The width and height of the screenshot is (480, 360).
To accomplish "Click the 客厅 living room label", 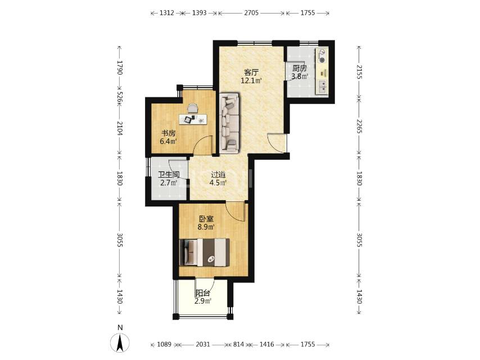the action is point(251,73).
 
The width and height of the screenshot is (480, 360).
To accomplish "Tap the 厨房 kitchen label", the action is point(300,68).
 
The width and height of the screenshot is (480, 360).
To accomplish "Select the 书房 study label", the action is point(169,133).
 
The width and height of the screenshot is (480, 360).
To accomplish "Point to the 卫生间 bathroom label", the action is point(169,175).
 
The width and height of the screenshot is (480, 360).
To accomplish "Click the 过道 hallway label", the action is point(218,175).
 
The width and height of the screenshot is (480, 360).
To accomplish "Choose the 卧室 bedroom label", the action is point(206,219).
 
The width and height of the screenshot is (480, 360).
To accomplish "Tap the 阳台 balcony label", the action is point(203,293).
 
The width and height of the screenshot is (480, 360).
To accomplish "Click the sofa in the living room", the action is point(229,123).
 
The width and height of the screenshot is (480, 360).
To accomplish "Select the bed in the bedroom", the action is point(205,253).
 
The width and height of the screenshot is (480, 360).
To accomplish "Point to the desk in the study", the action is point(193,119).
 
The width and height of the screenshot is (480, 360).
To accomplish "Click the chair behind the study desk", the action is point(193,109).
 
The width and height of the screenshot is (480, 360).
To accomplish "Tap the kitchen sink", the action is point(322,87).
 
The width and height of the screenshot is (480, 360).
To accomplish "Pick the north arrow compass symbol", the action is point(120,343).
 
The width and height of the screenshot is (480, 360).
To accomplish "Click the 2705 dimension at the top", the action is point(251,13).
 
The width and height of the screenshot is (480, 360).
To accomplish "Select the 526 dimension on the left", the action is point(120,98).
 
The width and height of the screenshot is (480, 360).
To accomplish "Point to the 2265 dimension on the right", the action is point(359,126).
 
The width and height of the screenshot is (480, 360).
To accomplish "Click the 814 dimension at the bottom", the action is point(238,344).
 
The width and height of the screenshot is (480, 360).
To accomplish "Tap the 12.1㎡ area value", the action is point(251,81).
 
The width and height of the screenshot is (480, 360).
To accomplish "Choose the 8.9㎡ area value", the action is point(206,227).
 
